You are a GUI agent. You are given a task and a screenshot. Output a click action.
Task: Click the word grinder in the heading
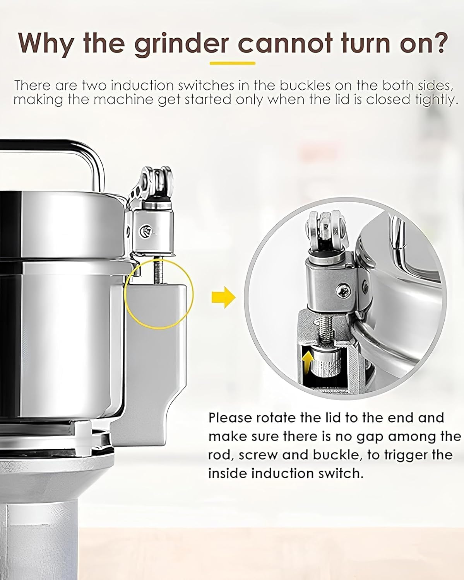181,43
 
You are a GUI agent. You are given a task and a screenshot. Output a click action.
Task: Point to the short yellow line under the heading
233,63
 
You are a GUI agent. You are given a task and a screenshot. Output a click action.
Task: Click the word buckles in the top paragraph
305,86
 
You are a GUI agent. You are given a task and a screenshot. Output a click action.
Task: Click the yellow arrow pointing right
224,297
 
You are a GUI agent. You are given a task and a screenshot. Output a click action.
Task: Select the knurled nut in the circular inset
326,363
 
